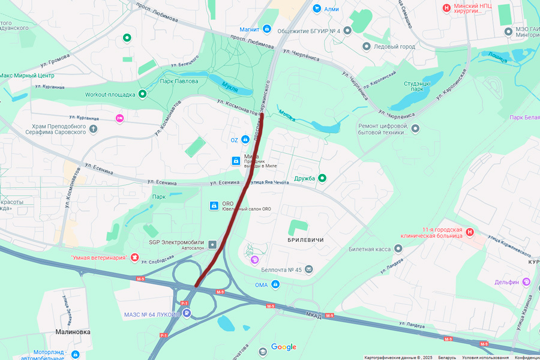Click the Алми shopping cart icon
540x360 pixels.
(x=317, y=9)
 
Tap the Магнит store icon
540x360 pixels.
(x=266, y=29)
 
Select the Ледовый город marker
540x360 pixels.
(x=366, y=46)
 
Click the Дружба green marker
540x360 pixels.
(x=322, y=178)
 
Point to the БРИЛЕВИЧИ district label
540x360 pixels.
(x=305, y=240)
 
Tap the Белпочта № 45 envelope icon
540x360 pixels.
(x=308, y=269)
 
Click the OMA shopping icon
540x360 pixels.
(x=275, y=284)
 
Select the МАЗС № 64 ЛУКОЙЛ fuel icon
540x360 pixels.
(x=187, y=313)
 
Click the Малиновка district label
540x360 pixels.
(x=73, y=331)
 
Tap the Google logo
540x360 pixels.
(x=283, y=347)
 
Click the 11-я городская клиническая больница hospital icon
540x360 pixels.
(x=470, y=232)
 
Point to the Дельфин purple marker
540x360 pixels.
(x=526, y=281)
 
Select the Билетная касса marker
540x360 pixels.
(x=398, y=248)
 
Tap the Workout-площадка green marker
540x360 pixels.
(x=142, y=94)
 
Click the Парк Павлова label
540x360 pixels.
(x=178, y=81)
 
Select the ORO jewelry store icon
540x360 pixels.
(x=213, y=206)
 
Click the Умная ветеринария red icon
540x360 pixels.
(x=135, y=257)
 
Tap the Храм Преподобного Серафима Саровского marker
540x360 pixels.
(x=93, y=128)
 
